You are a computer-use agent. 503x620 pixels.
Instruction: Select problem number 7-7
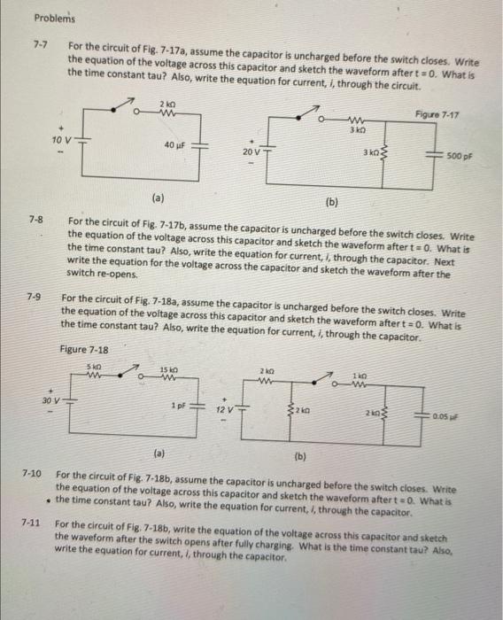[40, 43]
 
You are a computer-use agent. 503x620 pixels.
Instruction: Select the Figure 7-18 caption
[84, 349]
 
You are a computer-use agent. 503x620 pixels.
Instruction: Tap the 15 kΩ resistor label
[166, 369]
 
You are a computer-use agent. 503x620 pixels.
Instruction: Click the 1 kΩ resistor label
[360, 378]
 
